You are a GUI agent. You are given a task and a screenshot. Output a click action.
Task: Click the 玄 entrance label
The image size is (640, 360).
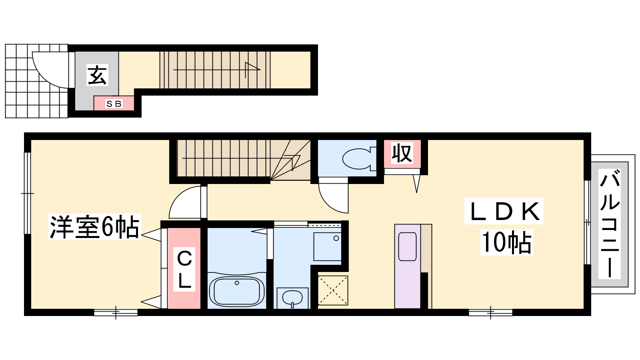coord(97,75)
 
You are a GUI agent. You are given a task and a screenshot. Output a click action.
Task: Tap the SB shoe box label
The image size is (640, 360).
coord(114,104)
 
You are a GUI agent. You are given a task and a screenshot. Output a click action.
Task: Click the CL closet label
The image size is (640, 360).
coord(184,270)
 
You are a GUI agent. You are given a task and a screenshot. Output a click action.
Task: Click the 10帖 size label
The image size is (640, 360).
coord(507,242)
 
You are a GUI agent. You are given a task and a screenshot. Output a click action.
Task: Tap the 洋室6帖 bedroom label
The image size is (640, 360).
coord(94,227)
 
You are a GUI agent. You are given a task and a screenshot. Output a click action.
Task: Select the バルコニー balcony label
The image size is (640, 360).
coord(610,224)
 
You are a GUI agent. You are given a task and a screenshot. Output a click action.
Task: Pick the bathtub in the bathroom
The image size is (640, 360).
coord(237,292)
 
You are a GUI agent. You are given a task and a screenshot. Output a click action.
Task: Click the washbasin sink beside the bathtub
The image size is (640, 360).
coord(292,298)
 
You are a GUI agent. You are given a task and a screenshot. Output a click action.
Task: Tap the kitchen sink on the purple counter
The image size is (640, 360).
coord(408,246)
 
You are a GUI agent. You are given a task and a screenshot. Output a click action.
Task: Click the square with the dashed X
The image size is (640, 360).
coord(333,290)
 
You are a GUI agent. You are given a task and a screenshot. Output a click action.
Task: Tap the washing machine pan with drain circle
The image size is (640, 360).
coord(328,246)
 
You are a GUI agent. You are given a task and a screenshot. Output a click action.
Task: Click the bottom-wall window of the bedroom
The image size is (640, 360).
coord(116,312)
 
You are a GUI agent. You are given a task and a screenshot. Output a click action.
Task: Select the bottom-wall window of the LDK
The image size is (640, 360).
coord(490,312)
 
